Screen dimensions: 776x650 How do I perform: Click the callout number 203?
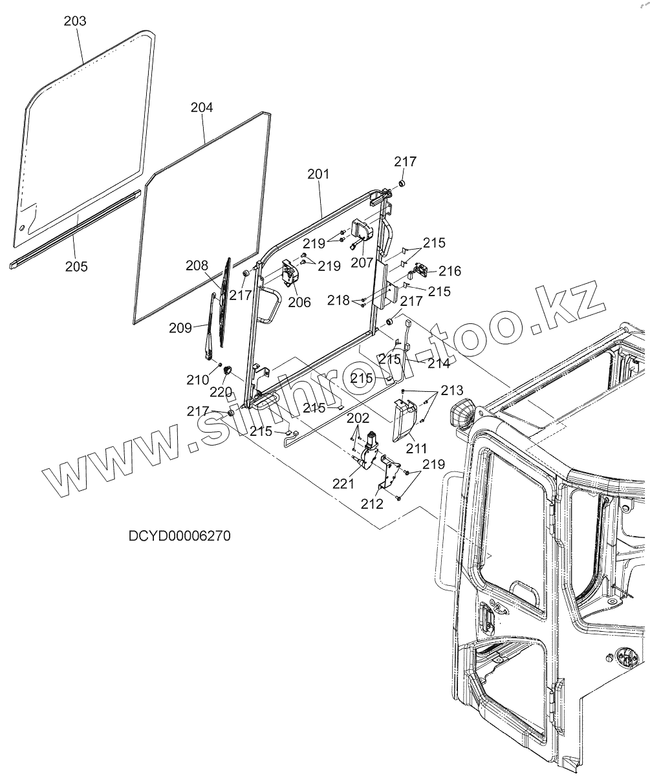pyautogui.click(x=75, y=21)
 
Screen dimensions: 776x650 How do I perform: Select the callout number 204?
pyautogui.click(x=202, y=107)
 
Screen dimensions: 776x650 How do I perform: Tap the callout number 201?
pyautogui.click(x=318, y=174)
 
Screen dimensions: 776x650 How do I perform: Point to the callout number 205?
pyautogui.click(x=76, y=266)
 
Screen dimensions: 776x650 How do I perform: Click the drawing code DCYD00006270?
pyautogui.click(x=180, y=536)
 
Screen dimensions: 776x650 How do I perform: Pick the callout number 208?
pyautogui.click(x=197, y=265)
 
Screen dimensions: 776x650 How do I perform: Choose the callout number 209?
pyautogui.click(x=180, y=328)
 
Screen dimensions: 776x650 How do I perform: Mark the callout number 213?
pyautogui.click(x=452, y=391)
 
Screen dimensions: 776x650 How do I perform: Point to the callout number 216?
pyautogui.click(x=450, y=271)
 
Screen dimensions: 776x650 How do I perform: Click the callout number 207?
pyautogui.click(x=362, y=263)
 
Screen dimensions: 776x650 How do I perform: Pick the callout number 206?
pyautogui.click(x=299, y=302)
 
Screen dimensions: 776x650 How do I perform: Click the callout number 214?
pyautogui.click(x=439, y=363)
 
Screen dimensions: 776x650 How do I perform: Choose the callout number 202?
pyautogui.click(x=358, y=419)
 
